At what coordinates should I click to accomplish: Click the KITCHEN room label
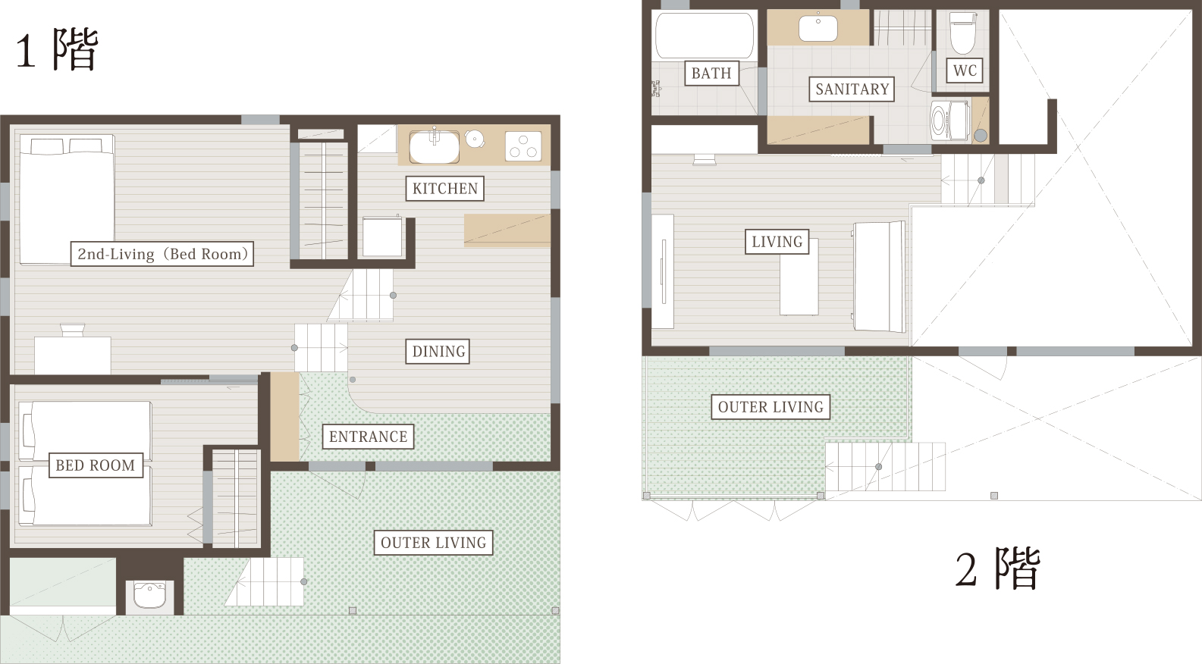pyautogui.click(x=445, y=188)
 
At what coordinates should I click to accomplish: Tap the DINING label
pyautogui.click(x=438, y=351)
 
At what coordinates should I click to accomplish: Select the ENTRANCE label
pyautogui.click(x=368, y=437)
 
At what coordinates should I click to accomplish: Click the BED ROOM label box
pyautogui.click(x=96, y=465)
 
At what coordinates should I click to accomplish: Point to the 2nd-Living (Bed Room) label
pyautogui.click(x=162, y=254)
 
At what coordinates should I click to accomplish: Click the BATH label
pyautogui.click(x=711, y=73)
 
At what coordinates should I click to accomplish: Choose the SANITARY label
pyautogui.click(x=852, y=89)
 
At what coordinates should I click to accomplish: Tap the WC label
pyautogui.click(x=965, y=70)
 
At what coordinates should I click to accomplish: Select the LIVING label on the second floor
pyautogui.click(x=777, y=242)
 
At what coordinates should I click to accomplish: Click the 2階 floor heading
pyautogui.click(x=998, y=568)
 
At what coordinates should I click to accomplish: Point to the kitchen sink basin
pyautogui.click(x=434, y=146)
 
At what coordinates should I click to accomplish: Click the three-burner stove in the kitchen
pyautogui.click(x=523, y=146)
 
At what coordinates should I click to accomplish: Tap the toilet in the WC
pyautogui.click(x=962, y=30)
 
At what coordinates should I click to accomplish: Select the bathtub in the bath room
pyautogui.click(x=705, y=36)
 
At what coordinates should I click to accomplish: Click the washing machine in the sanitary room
pyautogui.click(x=950, y=121)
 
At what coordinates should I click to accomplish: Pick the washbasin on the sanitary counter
pyautogui.click(x=818, y=29)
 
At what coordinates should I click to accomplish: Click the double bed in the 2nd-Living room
pyautogui.click(x=67, y=199)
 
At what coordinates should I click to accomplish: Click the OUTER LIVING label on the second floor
pyautogui.click(x=770, y=407)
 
